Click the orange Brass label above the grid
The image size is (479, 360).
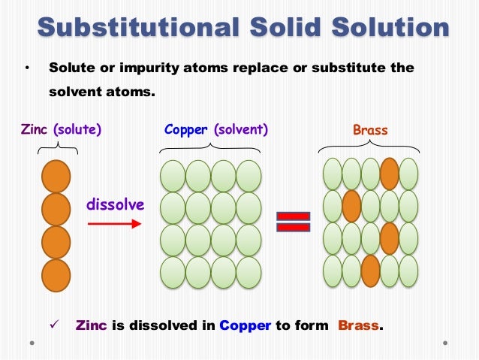370,131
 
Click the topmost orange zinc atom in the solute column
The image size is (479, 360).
56,177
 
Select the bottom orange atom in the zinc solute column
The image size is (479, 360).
56,274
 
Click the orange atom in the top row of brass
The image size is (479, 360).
389,174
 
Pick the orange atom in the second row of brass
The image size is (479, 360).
351,206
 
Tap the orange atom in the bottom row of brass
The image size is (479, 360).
370,271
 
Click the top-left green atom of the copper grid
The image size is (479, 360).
173,176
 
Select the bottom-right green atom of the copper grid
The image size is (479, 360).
249,272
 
